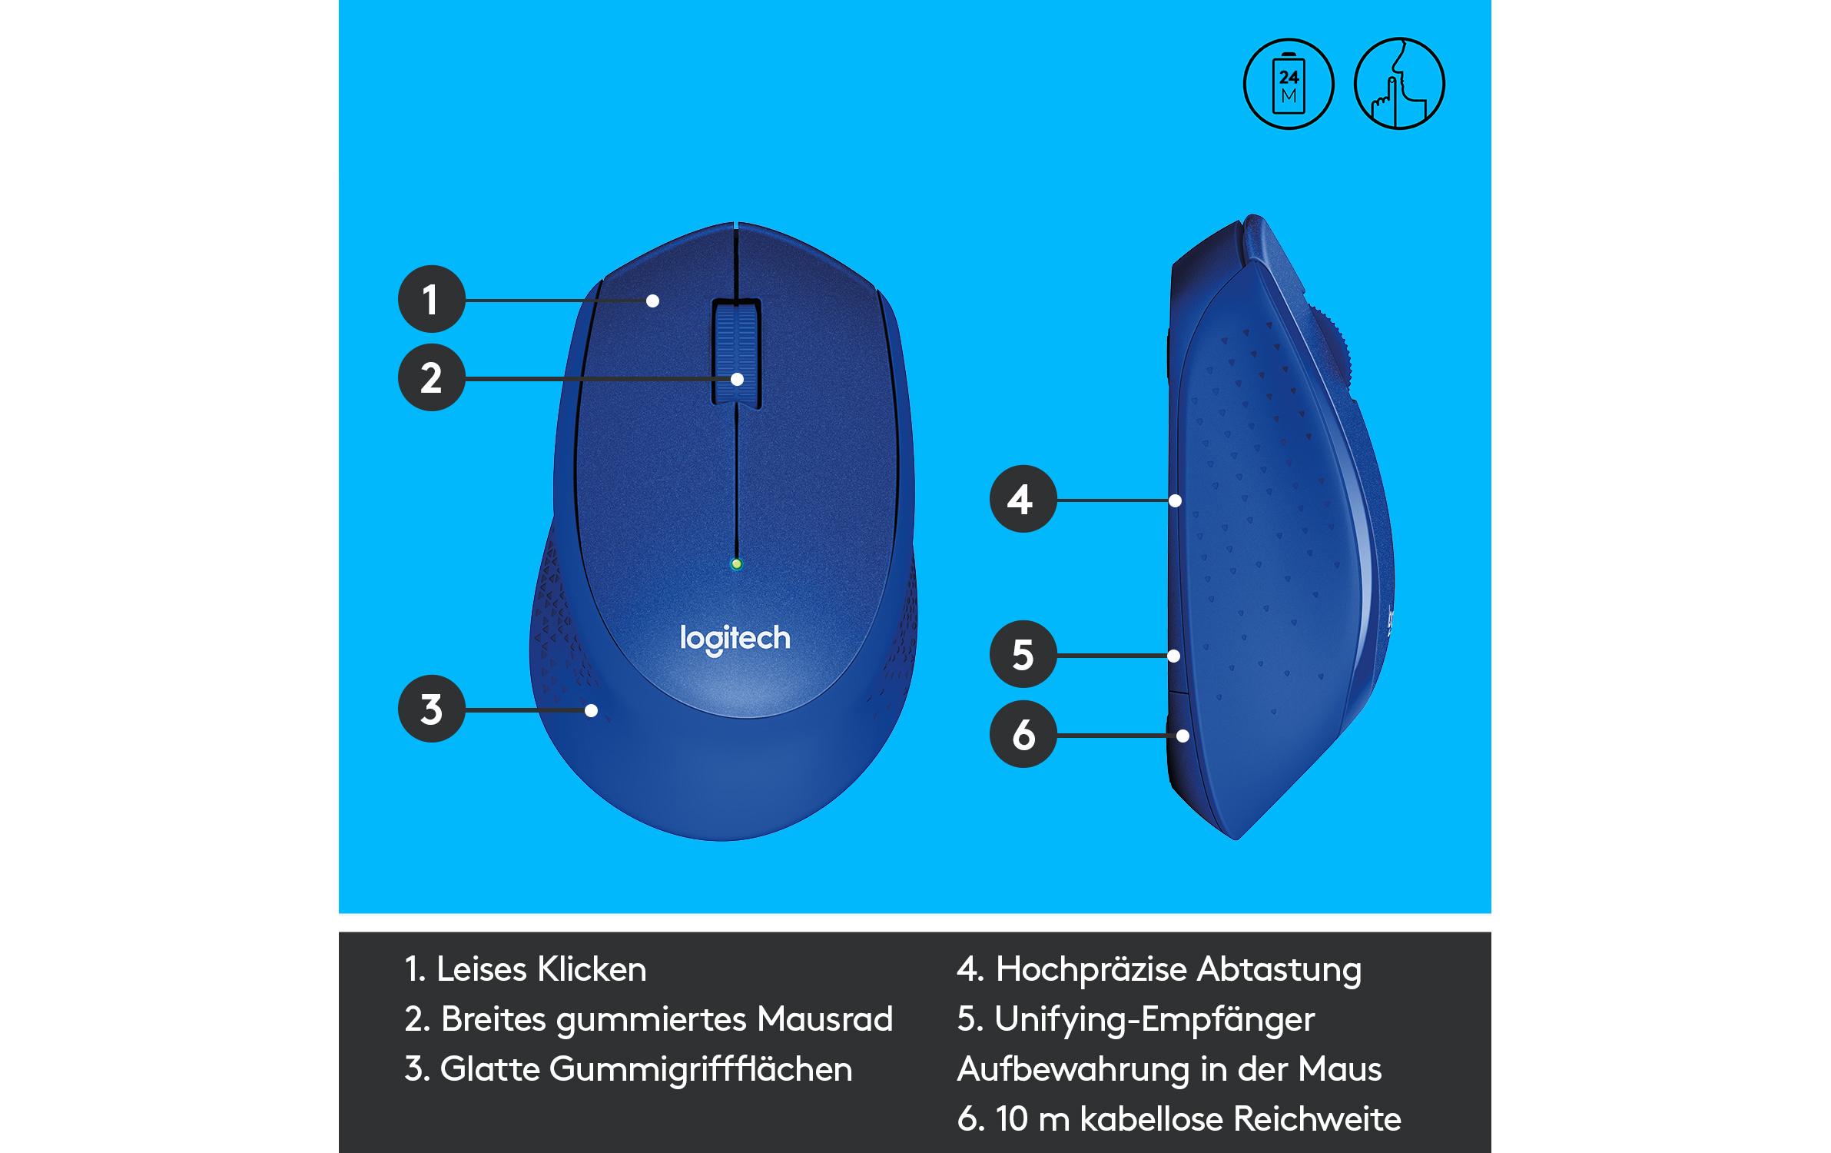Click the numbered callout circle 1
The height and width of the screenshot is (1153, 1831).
431,299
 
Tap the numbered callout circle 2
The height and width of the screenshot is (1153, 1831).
431,377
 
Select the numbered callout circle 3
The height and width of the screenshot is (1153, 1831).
431,709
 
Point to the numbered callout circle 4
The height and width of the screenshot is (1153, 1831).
1023,499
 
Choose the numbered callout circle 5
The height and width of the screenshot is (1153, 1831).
1023,654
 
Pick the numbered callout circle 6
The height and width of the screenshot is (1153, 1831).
1023,734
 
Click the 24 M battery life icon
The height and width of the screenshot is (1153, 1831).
1289,83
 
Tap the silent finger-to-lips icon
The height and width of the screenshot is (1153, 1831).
1399,83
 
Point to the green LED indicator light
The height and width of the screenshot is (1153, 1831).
737,564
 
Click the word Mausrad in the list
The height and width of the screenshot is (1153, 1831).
824,1019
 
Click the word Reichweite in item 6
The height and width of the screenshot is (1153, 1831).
1317,1119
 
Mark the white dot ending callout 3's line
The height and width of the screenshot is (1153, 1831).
591,710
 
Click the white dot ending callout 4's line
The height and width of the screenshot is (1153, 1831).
1175,500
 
